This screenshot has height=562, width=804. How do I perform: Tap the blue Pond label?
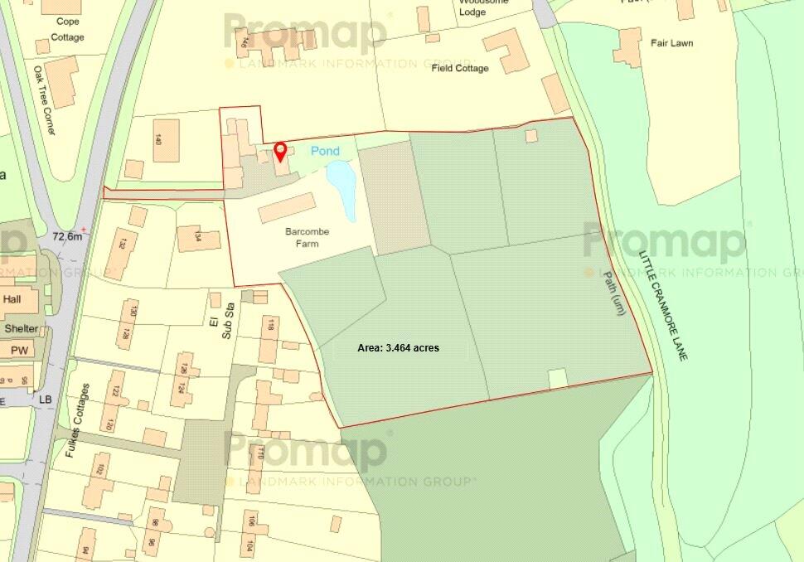(325, 151)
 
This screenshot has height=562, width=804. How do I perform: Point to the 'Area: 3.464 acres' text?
(398, 348)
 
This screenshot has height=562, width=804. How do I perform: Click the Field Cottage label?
(460, 68)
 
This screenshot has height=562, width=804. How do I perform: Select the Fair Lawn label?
(671, 43)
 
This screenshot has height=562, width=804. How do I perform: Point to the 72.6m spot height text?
(66, 236)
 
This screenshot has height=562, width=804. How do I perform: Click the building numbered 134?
(199, 239)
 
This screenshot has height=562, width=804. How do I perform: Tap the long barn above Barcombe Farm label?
(287, 207)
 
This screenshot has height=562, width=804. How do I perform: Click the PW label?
(19, 351)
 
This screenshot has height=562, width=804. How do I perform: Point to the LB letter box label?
(45, 400)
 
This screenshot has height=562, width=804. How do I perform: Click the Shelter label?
(21, 329)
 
